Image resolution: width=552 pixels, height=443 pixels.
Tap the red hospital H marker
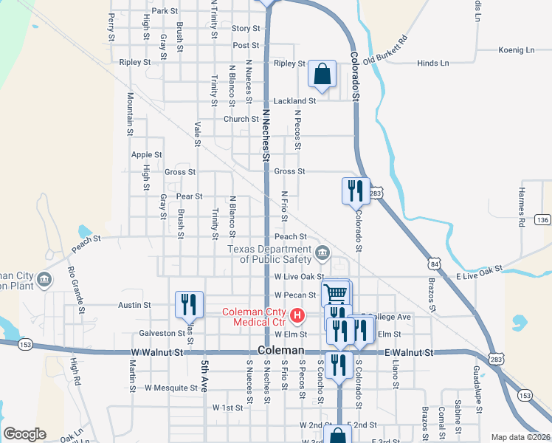297,316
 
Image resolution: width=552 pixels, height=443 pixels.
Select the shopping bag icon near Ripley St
322,74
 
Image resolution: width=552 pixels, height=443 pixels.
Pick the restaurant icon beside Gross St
356,190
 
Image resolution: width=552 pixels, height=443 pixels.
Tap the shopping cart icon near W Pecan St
336,292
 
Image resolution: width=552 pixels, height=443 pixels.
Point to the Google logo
24,434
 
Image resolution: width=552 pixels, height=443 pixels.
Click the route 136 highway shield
543,220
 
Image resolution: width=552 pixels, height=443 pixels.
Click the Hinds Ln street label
432,63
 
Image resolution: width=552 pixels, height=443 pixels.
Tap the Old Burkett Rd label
385,49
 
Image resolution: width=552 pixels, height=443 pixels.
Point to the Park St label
165,11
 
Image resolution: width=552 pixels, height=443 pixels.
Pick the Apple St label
146,155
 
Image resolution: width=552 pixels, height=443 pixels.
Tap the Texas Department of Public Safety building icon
322,255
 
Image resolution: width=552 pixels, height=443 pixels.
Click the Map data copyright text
520,437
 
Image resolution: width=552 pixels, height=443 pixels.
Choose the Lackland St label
295,100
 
